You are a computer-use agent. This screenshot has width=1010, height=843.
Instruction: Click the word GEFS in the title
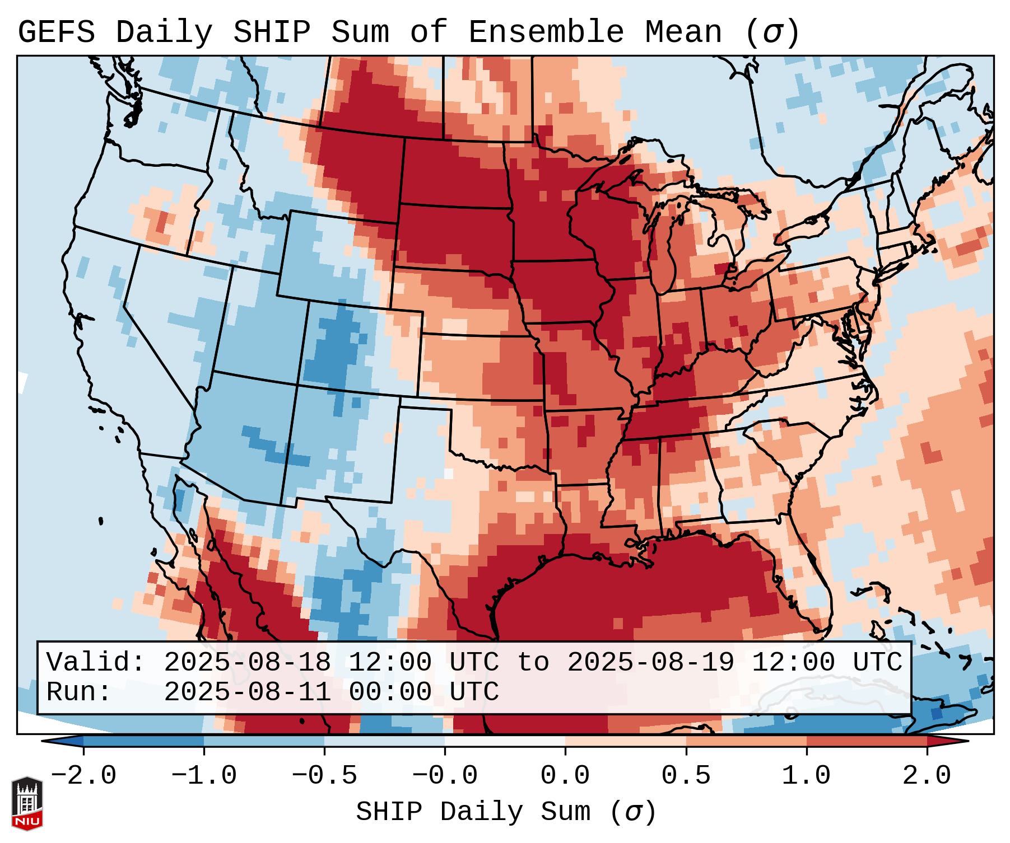pos(56,32)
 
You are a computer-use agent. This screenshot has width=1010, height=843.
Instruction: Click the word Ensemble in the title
pos(546,32)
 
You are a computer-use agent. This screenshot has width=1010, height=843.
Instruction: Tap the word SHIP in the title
pos(271,32)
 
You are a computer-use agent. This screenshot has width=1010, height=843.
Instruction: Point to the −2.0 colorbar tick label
pos(83,776)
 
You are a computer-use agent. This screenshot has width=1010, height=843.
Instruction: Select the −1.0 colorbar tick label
pos(204,776)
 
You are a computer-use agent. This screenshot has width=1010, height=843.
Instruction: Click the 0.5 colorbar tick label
pos(686,776)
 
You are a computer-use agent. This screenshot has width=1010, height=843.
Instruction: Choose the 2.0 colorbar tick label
pos(927,776)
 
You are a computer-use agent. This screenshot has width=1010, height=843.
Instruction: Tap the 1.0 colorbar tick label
pos(806,776)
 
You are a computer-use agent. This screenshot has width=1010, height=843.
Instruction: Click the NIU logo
pos(27,803)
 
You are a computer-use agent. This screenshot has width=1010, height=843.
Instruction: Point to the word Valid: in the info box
pos(96,662)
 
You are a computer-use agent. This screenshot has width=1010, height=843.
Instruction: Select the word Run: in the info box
pos(79,692)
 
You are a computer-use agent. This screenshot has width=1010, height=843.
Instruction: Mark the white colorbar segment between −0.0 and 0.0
pos(505,741)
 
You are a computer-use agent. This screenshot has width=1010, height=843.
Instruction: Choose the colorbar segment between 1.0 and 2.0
pos(867,741)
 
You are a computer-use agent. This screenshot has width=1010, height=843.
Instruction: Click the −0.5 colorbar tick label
pos(324,776)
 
